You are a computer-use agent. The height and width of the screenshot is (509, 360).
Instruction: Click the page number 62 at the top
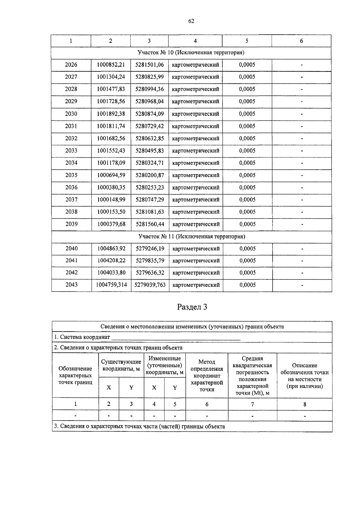(191, 21)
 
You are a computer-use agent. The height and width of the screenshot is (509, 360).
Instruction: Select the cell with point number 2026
(71, 65)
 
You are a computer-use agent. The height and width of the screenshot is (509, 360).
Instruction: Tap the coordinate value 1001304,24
(111, 77)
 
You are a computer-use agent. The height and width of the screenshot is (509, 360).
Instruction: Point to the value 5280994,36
(149, 89)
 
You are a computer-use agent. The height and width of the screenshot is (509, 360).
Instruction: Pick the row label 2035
(71, 175)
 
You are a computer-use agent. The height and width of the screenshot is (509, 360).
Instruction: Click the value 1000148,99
(111, 200)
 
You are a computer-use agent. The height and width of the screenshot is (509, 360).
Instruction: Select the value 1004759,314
(111, 285)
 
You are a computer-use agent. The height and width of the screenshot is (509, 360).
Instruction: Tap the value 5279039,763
(150, 285)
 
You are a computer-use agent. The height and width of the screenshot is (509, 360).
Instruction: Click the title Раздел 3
(192, 307)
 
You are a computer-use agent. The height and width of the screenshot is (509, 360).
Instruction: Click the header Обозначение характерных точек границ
(75, 375)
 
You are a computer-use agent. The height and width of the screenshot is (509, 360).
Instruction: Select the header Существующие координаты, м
(121, 365)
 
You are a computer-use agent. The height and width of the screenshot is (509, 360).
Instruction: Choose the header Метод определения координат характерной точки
(207, 376)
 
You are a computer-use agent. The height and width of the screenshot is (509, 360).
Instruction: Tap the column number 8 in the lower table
(304, 404)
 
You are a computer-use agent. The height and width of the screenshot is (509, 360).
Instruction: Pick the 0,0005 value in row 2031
(247, 126)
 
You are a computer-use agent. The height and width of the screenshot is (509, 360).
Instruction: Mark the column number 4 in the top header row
(195, 41)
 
